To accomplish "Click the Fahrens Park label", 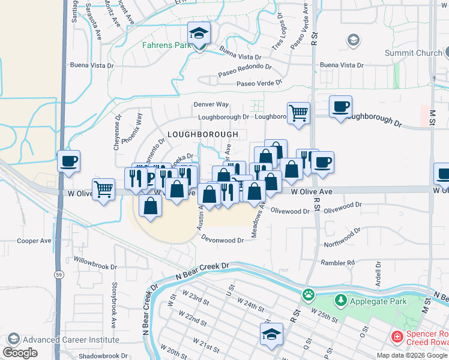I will tap(166, 45).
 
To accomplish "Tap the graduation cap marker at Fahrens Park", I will tap(199, 35).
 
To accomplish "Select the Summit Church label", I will tap(413, 53).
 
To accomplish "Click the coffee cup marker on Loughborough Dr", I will tap(341, 107).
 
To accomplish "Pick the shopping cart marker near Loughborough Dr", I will tap(298, 113).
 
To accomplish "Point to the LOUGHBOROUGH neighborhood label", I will tap(203, 134).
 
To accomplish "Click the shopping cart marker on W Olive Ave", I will tap(104, 189).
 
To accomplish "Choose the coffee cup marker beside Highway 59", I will tap(68, 161).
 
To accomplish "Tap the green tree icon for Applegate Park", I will tap(340, 299).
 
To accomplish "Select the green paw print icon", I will tap(309, 295).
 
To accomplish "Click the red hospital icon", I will tap(396, 337).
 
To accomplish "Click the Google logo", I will tap(20, 353).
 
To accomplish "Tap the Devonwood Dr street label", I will tap(223, 240).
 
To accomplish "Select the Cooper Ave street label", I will tap(34, 241).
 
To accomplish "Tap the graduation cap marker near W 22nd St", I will tap(271, 334).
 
